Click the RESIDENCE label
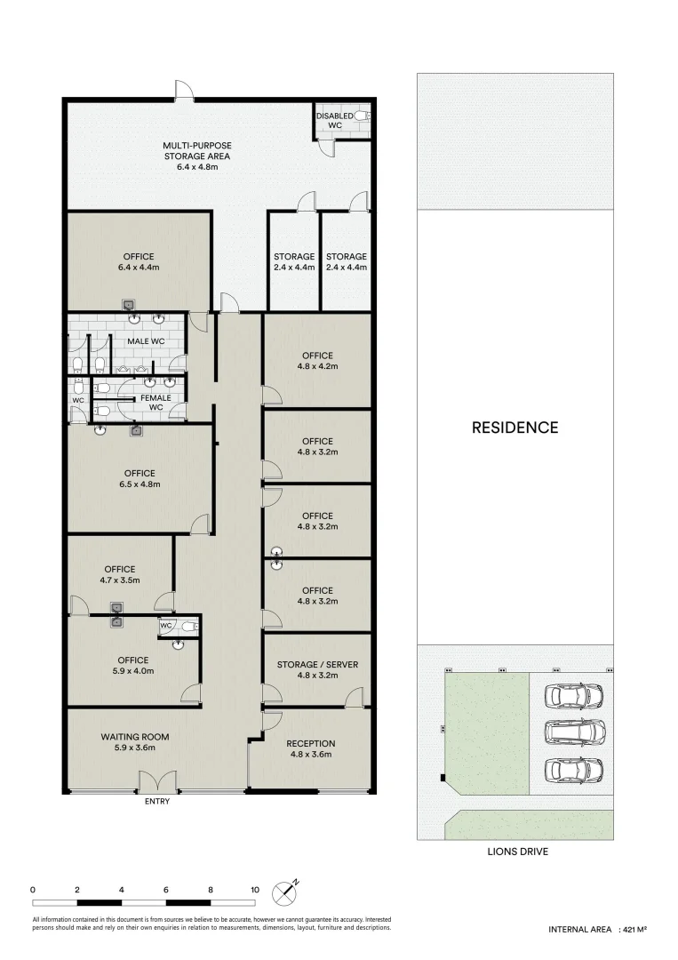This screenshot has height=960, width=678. coord(514,428)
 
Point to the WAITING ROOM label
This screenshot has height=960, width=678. coord(134,737)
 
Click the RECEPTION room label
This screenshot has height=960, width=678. coord(310,743)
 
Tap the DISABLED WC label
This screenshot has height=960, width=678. coord(334,120)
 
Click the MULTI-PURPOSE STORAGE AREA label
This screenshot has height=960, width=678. coord(197,151)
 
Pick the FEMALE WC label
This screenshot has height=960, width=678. coord(155,402)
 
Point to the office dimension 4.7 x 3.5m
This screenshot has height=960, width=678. coord(119,580)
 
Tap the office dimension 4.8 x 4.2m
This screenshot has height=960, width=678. coord(317,366)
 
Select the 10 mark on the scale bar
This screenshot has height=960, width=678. coord(255,889)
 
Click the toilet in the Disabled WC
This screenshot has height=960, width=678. coord(362,116)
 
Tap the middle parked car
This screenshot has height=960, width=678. coord(577,732)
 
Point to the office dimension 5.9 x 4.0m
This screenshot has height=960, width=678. coord(132,671)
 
